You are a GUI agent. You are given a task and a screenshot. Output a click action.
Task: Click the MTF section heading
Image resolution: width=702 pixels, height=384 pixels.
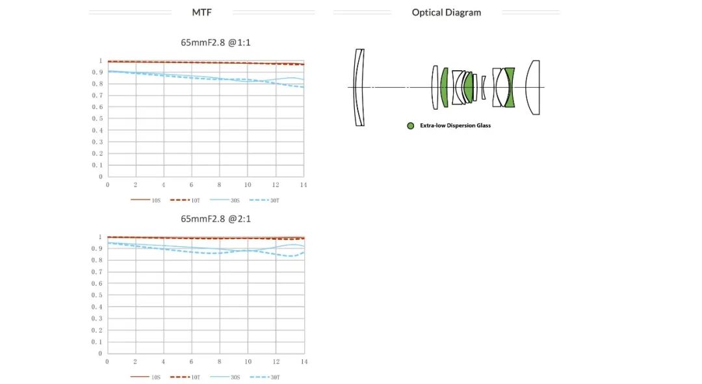pyautogui.click(x=201, y=12)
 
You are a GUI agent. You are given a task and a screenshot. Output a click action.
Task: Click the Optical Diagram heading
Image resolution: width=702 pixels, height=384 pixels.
pyautogui.click(x=447, y=12)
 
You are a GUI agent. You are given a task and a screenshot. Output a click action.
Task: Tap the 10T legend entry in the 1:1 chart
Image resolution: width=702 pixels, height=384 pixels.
pyautogui.click(x=191, y=200)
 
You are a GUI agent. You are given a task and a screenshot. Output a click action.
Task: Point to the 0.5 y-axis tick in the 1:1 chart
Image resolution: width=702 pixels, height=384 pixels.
pyautogui.click(x=101, y=118)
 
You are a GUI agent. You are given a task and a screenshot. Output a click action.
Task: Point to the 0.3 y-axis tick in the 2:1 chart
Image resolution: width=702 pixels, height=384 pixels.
pyautogui.click(x=101, y=318)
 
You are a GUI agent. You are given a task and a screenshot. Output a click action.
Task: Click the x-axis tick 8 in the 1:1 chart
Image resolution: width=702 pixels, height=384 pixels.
pyautogui.click(x=220, y=185)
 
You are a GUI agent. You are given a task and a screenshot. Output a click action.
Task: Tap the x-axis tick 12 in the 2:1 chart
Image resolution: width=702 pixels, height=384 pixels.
pyautogui.click(x=276, y=361)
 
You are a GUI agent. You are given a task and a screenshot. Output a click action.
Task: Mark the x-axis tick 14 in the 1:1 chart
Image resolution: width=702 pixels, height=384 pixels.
pyautogui.click(x=303, y=185)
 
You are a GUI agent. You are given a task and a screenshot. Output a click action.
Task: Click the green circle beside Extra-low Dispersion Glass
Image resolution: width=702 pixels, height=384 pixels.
pyautogui.click(x=410, y=125)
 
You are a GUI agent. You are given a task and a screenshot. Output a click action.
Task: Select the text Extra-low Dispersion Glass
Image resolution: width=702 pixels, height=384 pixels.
pyautogui.click(x=455, y=125)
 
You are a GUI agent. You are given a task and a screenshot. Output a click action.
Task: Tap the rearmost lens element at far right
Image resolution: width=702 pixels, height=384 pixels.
pyautogui.click(x=533, y=87)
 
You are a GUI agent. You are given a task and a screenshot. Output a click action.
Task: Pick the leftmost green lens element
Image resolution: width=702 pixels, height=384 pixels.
pyautogui.click(x=445, y=87)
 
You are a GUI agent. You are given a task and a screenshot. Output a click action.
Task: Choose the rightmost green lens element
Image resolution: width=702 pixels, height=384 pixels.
pyautogui.click(x=510, y=87)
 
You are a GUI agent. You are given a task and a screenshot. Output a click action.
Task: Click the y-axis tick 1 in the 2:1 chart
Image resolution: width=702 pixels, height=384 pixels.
pyautogui.click(x=101, y=237)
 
